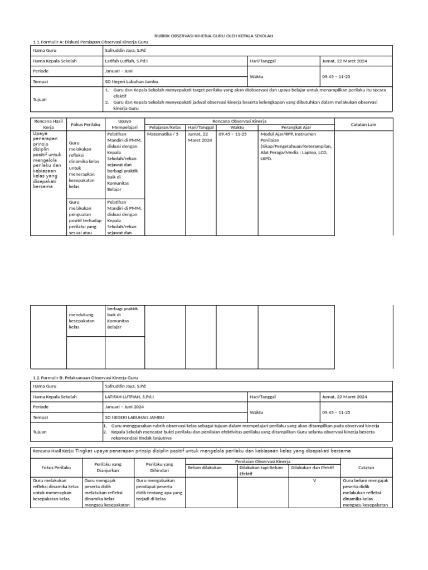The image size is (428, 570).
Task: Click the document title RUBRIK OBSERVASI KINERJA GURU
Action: (x=214, y=36)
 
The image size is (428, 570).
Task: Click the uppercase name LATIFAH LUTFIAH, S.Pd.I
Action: (x=129, y=397)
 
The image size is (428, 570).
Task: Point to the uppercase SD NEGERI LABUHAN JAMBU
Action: (x=134, y=417)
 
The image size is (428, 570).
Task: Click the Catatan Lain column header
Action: (x=364, y=124)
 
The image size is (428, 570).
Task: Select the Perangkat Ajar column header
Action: (x=296, y=127)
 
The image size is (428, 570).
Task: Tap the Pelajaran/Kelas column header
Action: (x=164, y=127)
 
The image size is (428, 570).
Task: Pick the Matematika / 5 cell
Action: (x=162, y=134)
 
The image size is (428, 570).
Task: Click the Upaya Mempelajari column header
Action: (x=124, y=124)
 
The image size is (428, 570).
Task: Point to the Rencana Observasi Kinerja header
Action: (x=239, y=121)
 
